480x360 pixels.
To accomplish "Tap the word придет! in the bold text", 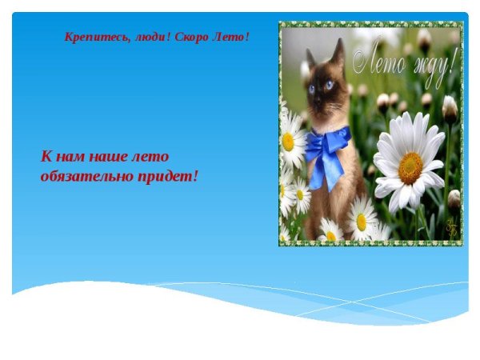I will [x=167, y=174].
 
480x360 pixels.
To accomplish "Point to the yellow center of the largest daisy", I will [x=410, y=167].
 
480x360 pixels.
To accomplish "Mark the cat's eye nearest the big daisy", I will [x=329, y=85].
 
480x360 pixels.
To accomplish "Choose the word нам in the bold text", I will [x=70, y=157].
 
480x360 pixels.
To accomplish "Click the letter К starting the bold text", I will [x=46, y=157].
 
